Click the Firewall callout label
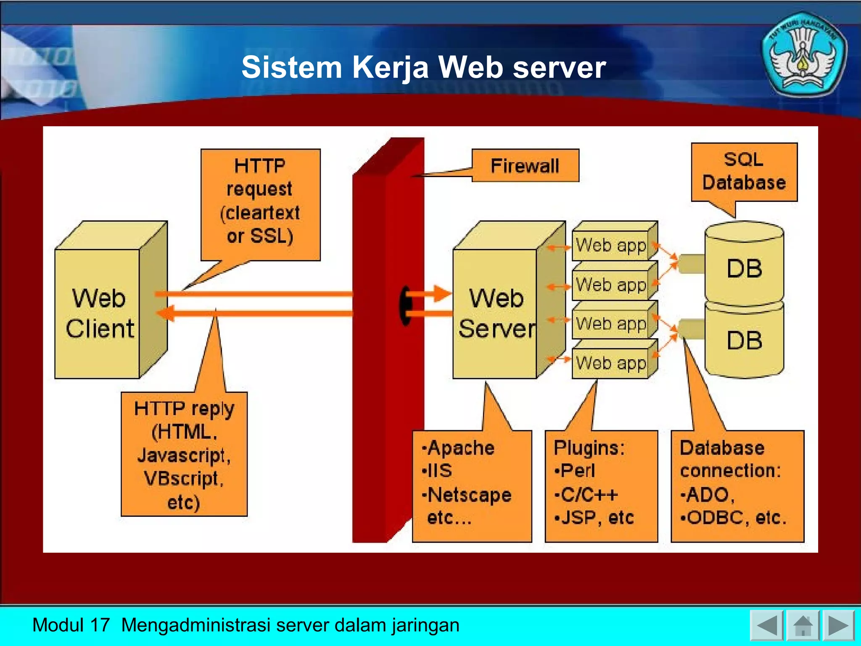(525, 166)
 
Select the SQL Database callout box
(744, 172)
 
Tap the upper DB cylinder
(744, 267)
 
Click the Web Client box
(100, 313)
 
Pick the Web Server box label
(496, 313)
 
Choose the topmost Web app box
(610, 245)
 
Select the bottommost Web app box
(610, 363)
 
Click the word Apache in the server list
(461, 448)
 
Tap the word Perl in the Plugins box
(578, 471)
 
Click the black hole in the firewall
(405, 306)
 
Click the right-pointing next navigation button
(838, 625)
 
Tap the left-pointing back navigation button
(766, 625)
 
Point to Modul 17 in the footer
(71, 625)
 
